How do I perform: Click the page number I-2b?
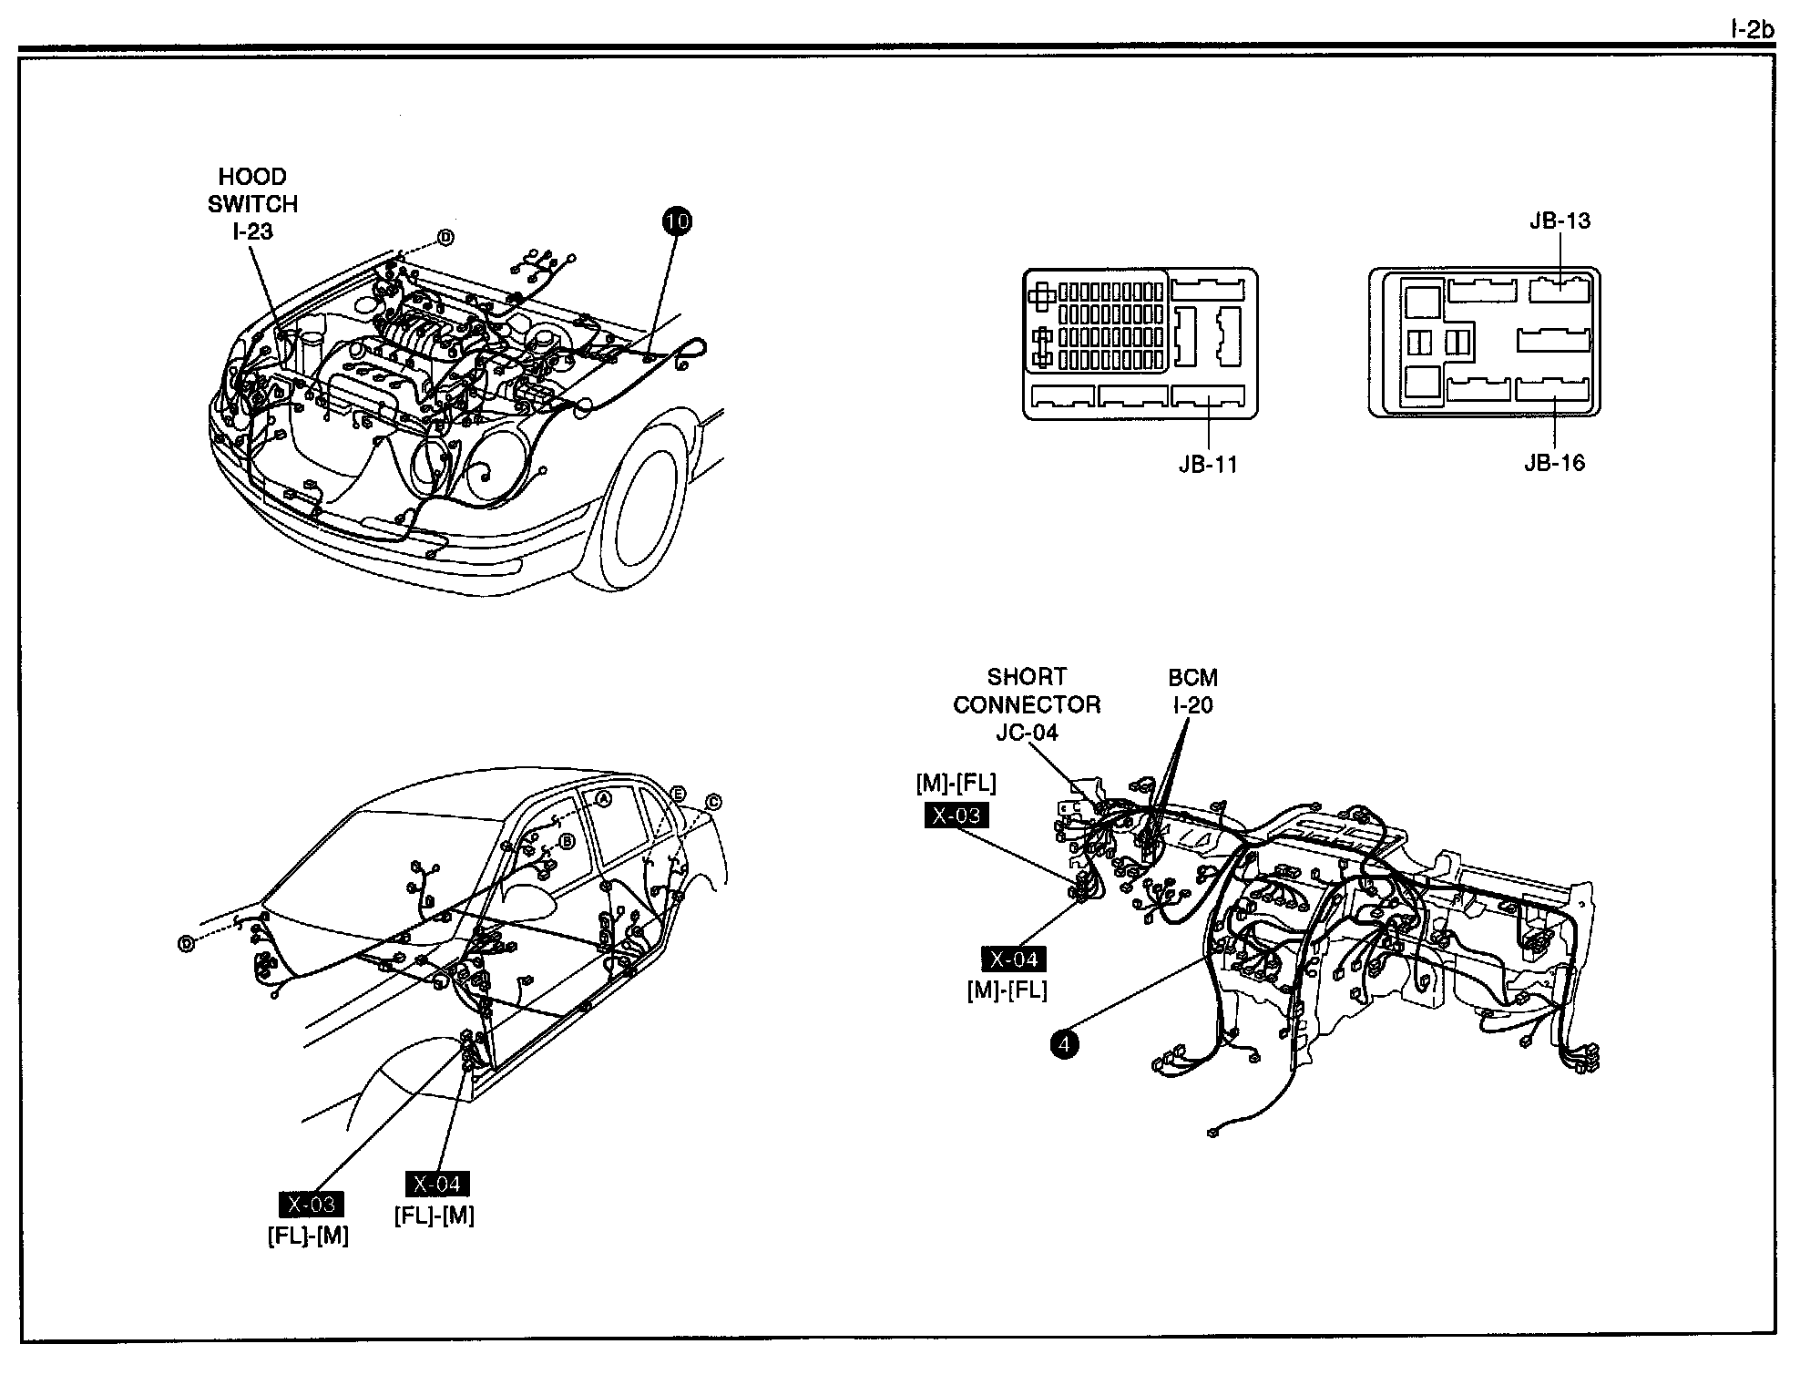(x=1752, y=30)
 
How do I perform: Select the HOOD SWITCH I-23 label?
(x=252, y=204)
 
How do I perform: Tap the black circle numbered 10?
(x=677, y=221)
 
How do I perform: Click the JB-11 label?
(x=1208, y=465)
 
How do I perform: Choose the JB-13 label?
(x=1560, y=221)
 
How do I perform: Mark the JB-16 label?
(x=1554, y=463)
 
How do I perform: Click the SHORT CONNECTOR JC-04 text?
(x=1027, y=704)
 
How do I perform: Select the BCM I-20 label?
(x=1191, y=691)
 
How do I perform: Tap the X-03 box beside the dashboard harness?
(x=956, y=816)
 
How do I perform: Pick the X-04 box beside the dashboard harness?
(x=1013, y=959)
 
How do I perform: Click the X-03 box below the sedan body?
(x=312, y=1205)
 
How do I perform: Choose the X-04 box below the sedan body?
(x=437, y=1184)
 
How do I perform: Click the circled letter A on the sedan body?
(x=602, y=798)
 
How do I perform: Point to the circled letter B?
(x=567, y=842)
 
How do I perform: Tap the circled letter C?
(x=713, y=802)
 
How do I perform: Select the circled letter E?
(x=678, y=794)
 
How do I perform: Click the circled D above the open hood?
(x=445, y=238)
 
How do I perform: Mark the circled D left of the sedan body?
(x=187, y=944)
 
